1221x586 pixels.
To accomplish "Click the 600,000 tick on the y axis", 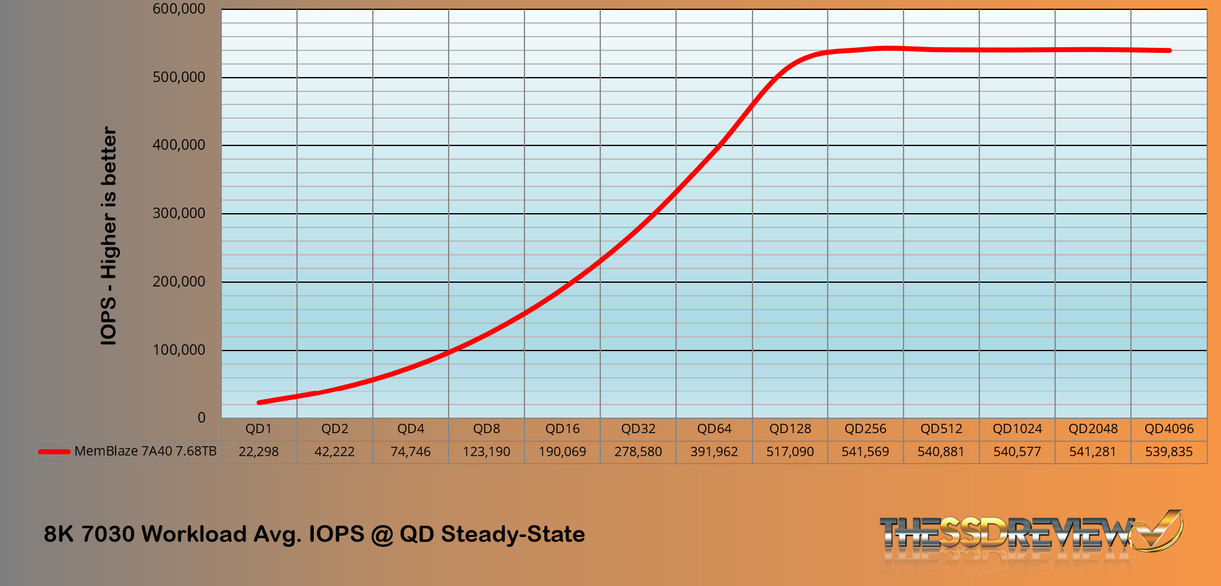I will point(179,9).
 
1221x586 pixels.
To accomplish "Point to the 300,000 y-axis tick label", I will point(179,213).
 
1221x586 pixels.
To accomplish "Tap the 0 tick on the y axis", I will point(201,418).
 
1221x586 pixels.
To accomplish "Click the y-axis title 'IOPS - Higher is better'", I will point(109,236).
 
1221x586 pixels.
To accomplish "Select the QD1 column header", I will point(258,429).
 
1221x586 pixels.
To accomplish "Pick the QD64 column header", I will point(714,429).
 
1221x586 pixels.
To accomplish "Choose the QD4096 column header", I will point(1169,429).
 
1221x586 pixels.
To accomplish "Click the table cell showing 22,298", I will point(258,452).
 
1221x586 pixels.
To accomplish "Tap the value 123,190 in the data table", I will point(486,452).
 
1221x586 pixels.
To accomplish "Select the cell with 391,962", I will point(714,452).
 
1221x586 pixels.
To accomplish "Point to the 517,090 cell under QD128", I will point(790,452).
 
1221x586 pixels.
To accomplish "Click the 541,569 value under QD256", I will point(866,452).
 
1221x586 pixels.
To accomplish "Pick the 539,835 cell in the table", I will point(1169,452).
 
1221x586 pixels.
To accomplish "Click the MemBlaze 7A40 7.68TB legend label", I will point(145,451).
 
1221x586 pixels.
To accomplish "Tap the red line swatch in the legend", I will point(54,452).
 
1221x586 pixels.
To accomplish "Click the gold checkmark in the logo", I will point(1159,529).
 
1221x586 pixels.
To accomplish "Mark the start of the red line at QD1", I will point(259,403).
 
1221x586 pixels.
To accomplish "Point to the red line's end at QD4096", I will point(1169,50).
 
